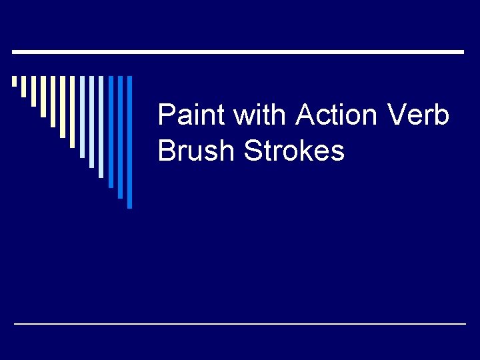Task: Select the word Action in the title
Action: point(336,116)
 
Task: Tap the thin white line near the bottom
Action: point(240,323)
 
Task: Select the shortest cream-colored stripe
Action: point(14,81)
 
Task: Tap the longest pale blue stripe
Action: point(101,127)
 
